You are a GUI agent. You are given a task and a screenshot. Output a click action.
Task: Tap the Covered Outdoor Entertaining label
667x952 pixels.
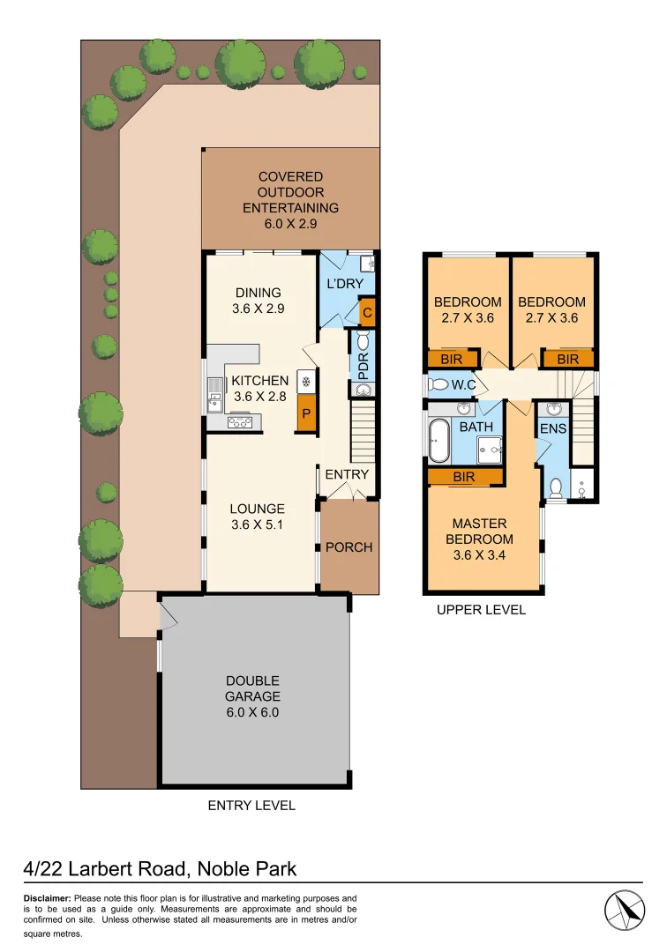290,192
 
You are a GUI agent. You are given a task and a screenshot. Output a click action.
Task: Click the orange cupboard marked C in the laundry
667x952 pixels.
367,311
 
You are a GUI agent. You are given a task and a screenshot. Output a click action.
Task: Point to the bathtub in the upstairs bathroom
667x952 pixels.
438,440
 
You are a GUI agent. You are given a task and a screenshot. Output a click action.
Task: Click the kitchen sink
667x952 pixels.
215,394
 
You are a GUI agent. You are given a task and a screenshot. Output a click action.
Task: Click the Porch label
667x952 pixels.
348,547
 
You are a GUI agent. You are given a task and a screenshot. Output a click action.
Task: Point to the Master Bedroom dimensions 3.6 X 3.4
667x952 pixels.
482,554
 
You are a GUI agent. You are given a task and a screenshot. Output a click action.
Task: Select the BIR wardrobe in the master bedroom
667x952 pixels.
465,477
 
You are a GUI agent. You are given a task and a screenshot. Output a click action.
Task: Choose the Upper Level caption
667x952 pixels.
481,609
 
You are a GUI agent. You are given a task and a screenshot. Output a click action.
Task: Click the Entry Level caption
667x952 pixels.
251,805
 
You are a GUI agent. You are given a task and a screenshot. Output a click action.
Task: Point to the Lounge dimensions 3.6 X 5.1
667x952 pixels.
258,524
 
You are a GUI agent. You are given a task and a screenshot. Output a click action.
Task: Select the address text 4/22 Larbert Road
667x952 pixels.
105,868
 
